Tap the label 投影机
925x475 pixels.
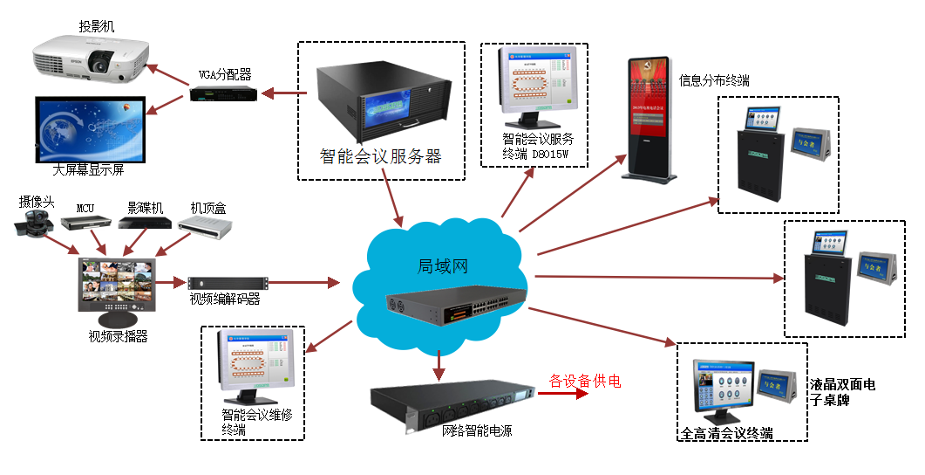[x=97, y=27]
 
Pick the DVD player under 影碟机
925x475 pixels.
[x=143, y=224]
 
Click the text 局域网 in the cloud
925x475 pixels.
[x=443, y=265]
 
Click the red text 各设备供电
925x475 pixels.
[x=584, y=382]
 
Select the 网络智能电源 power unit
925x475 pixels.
[x=452, y=405]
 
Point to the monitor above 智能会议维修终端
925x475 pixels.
[x=254, y=368]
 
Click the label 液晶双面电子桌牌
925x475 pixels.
[x=842, y=392]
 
